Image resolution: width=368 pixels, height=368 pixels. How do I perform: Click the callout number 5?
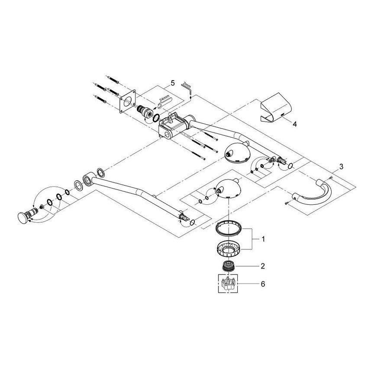(x=172, y=82)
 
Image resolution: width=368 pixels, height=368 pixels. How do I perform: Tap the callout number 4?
(x=294, y=124)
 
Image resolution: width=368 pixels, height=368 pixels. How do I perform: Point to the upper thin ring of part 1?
(x=229, y=227)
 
